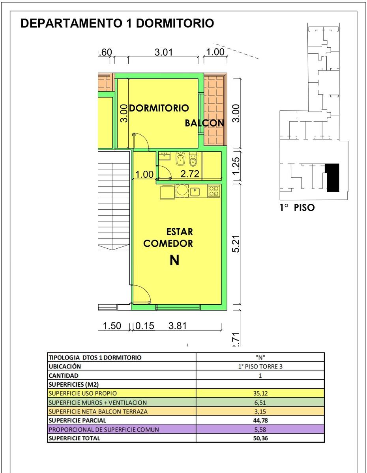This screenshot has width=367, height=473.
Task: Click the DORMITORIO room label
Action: [x=159, y=108]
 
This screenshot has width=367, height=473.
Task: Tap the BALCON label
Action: [x=204, y=123]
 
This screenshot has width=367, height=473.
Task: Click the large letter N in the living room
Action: [x=174, y=260]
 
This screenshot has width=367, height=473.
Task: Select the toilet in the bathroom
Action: [x=193, y=159]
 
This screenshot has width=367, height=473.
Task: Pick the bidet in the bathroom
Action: [x=180, y=159]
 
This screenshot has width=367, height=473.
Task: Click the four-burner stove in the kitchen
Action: [x=214, y=191]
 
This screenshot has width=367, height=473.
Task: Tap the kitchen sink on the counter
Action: [x=195, y=192]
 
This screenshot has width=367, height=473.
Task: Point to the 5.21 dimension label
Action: [x=236, y=244]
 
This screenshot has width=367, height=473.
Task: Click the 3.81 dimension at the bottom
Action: [x=178, y=326]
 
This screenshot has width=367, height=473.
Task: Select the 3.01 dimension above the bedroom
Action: [x=163, y=52]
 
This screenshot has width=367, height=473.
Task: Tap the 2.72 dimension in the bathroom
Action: [x=190, y=174]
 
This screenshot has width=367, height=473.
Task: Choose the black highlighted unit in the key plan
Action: [x=332, y=178]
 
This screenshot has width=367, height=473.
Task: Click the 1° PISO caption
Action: [x=297, y=208]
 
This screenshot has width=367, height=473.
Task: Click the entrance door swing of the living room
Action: [x=141, y=294]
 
